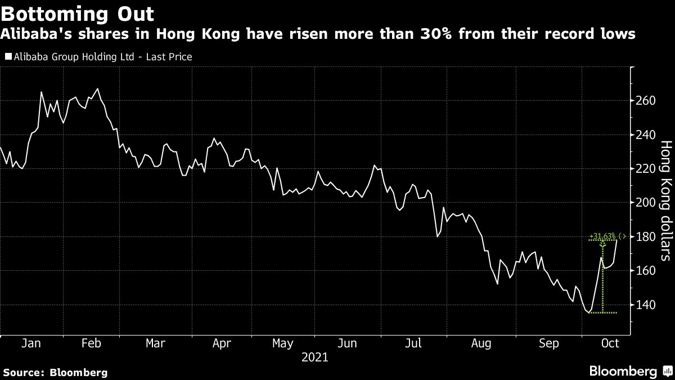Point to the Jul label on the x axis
[414, 343]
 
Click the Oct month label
[610, 343]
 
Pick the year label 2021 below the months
[316, 357]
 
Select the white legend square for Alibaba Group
[8, 56]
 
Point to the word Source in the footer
[21, 372]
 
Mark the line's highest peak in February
[98, 88]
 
